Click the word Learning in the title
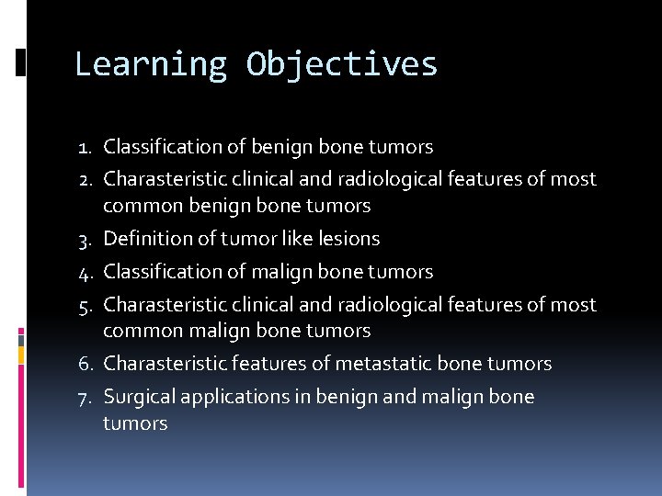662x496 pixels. tap(150, 64)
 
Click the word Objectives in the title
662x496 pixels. tap(342, 64)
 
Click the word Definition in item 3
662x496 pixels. tap(147, 239)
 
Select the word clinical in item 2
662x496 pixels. tap(264, 179)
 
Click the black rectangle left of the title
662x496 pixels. tap(20, 62)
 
